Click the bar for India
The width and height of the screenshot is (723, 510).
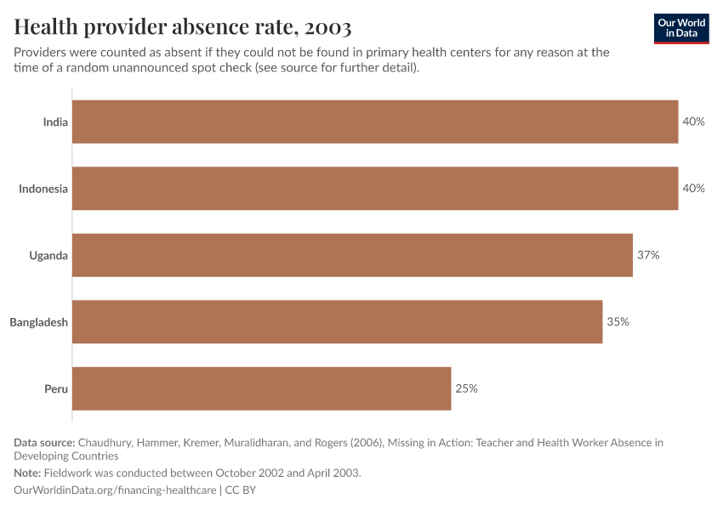pyautogui.click(x=374, y=122)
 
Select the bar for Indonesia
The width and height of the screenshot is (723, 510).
pyautogui.click(x=374, y=189)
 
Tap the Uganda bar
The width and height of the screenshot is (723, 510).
pyautogui.click(x=352, y=255)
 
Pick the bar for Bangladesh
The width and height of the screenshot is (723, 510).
pyautogui.click(x=337, y=322)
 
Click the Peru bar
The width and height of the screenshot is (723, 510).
pyautogui.click(x=261, y=388)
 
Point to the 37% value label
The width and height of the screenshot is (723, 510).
pyautogui.click(x=648, y=255)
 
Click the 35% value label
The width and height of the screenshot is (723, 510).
pyautogui.click(x=618, y=322)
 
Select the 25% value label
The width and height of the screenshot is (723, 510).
pyautogui.click(x=466, y=388)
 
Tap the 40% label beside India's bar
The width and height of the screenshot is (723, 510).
pyautogui.click(x=693, y=122)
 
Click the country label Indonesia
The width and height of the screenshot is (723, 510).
pyautogui.click(x=43, y=189)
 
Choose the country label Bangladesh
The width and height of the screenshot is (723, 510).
pyautogui.click(x=38, y=322)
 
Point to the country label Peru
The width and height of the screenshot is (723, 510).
pyautogui.click(x=56, y=388)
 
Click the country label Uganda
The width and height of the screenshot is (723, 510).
pyautogui.click(x=48, y=255)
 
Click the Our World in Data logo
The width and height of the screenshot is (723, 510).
pyautogui.click(x=680, y=28)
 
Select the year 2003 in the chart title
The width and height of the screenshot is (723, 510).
pyautogui.click(x=324, y=27)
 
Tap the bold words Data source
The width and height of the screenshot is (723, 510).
pyautogui.click(x=44, y=442)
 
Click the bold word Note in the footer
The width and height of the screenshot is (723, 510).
pyautogui.click(x=27, y=473)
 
